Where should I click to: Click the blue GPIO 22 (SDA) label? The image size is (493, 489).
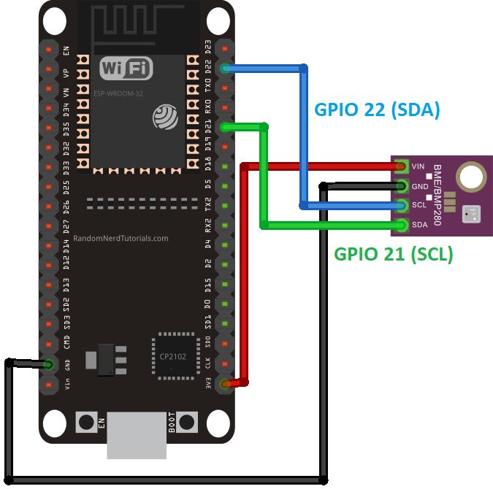[377, 110]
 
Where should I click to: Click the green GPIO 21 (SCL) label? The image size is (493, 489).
[393, 255]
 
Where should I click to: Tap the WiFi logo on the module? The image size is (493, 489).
[126, 69]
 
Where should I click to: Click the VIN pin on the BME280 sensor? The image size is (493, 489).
[401, 166]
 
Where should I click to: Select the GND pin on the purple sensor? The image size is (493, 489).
[401, 185]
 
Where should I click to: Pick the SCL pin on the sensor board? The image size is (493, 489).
[401, 204]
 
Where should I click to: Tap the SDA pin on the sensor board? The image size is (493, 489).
[401, 224]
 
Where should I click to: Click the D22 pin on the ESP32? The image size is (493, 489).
[226, 69]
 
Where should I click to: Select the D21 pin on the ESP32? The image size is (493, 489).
[226, 127]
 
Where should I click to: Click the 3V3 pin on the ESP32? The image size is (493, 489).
[226, 382]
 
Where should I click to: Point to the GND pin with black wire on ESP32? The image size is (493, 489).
[49, 363]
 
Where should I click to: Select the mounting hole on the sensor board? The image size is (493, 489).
[470, 177]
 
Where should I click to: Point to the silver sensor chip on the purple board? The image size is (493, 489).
[470, 214]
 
